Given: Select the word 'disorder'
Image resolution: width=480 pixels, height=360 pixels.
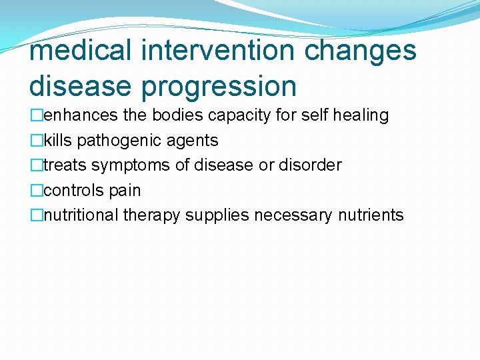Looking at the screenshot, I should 311,165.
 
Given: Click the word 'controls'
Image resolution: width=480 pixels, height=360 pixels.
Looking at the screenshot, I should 72,191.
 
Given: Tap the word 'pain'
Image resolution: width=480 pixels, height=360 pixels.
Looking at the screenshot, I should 125,191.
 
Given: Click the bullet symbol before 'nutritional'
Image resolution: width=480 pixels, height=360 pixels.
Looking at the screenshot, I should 36,215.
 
